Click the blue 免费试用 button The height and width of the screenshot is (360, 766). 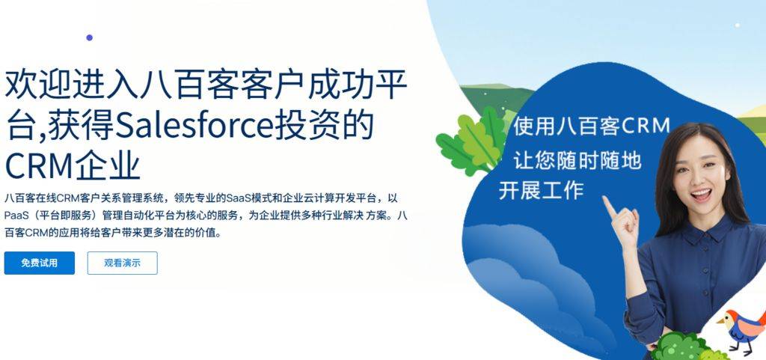[x=40, y=263]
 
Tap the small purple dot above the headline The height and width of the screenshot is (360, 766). [x=90, y=37]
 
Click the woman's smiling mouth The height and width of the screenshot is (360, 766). [x=701, y=195]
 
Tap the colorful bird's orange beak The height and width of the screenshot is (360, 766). [x=720, y=321]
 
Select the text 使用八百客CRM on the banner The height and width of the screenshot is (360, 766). [x=591, y=126]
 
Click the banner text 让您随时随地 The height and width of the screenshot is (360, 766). [x=577, y=159]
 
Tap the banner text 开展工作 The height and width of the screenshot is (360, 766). [x=542, y=189]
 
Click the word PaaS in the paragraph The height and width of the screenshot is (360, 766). [x=16, y=216]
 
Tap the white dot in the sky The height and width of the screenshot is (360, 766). [x=737, y=25]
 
